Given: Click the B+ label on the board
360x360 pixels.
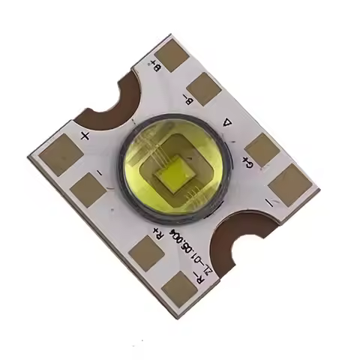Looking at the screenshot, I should point(157,73).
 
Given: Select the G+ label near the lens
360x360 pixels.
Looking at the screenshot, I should point(246,163).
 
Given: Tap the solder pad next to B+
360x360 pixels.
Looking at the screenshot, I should point(174,55).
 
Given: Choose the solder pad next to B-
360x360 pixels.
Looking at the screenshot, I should point(204,88).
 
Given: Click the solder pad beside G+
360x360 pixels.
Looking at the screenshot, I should point(262,149).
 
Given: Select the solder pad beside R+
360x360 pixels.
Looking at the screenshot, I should point(146,253).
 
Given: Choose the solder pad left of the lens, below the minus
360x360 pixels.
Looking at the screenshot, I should point(88,190).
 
